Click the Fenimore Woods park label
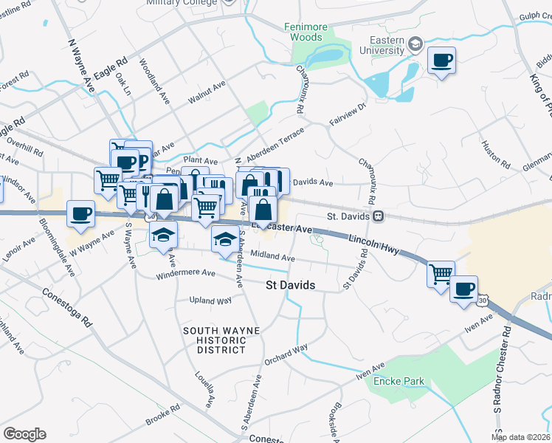306,32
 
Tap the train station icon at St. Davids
378,216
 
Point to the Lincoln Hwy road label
374,244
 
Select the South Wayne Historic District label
214,340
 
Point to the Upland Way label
210,301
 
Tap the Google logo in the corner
24,433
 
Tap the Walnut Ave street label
206,93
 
